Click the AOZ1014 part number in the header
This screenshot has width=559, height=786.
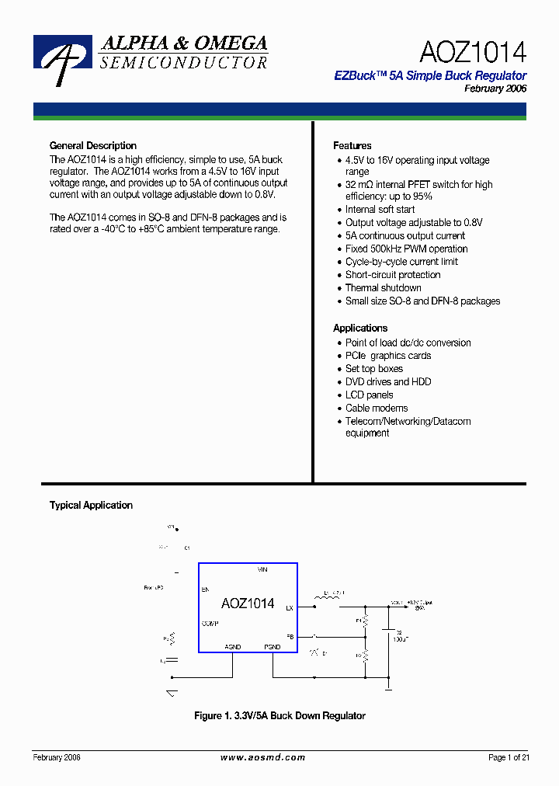point(472,52)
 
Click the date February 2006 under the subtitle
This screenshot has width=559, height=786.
point(495,89)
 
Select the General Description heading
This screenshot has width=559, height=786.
point(92,146)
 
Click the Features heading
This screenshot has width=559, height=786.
point(352,146)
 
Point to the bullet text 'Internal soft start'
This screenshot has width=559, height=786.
point(380,210)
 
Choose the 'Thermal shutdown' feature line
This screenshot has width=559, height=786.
point(383,288)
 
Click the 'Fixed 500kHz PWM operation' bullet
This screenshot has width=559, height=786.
point(406,249)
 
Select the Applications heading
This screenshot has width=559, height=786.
point(359,329)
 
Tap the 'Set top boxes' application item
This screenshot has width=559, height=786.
point(373,369)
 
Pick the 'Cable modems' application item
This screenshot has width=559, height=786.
point(376,409)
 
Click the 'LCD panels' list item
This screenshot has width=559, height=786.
point(369,395)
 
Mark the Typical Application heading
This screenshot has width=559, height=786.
point(91,506)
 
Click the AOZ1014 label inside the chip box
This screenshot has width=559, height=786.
point(247,603)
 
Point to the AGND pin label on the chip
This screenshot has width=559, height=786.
point(233,646)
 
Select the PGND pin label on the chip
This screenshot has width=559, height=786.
point(273,646)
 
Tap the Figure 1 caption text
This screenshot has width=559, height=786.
point(279,716)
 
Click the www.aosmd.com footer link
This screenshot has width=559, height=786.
point(262,758)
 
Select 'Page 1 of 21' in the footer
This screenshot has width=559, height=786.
point(509,758)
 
